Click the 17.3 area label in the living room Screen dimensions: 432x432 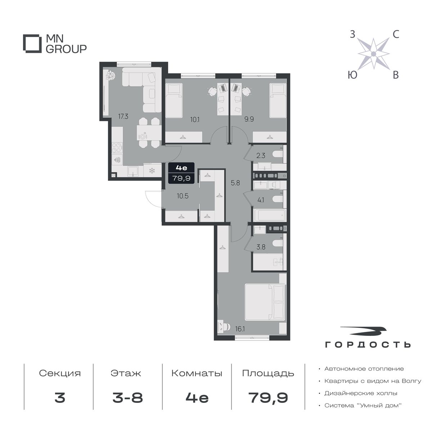pos(123,116)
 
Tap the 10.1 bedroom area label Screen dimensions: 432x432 pos(195,120)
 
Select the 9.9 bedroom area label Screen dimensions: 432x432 pos(249,119)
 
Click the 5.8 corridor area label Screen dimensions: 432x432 pos(235,183)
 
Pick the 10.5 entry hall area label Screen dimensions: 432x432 pos(183,196)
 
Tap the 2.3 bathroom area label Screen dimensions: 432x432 pos(261,156)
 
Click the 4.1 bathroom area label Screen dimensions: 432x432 pos(261,200)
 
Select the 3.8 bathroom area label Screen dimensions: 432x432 pos(261,247)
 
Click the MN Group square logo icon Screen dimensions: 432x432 pos(32,44)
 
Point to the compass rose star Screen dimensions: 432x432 pos(373,54)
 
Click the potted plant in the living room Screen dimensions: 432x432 pos(111,75)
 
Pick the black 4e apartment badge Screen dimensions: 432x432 pos(181,173)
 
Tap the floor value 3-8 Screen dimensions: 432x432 pos(127,398)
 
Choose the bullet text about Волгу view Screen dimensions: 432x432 pos(373,381)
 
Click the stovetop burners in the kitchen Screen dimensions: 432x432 pos(117,148)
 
